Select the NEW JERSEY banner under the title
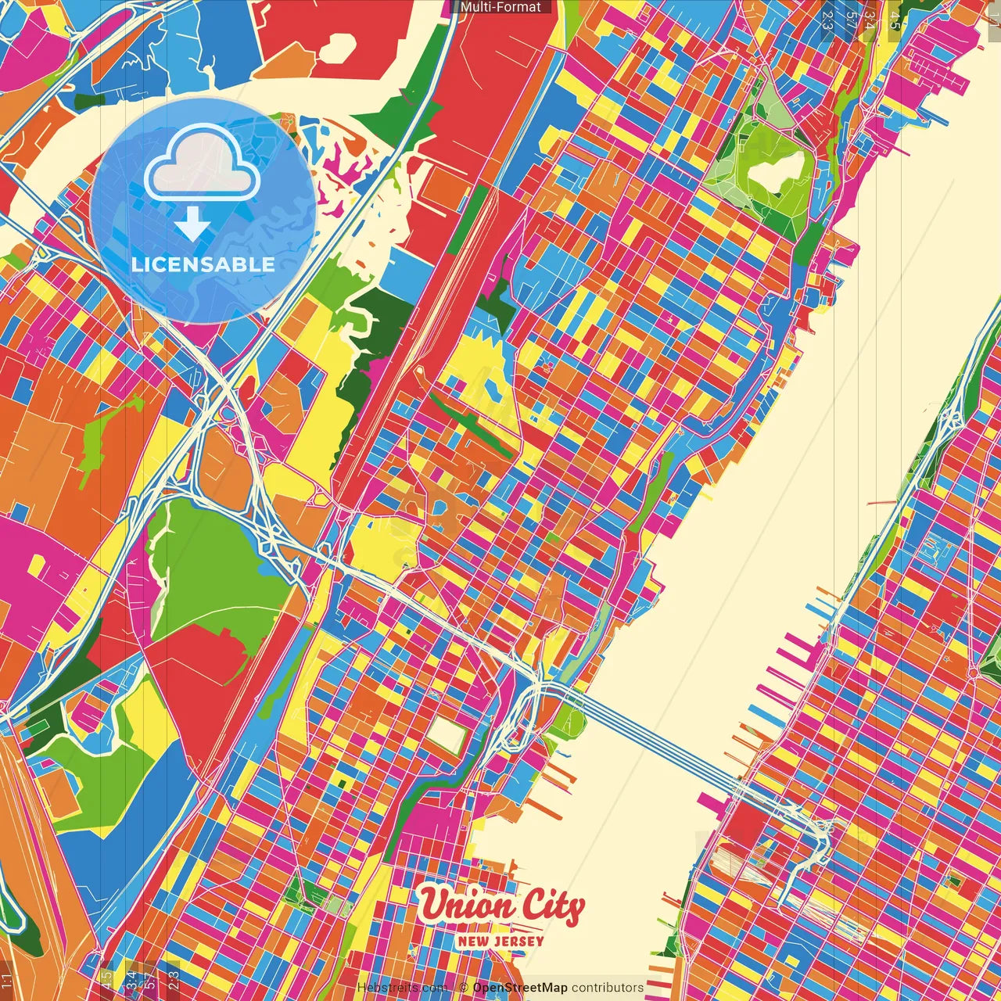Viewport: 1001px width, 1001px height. click(x=500, y=941)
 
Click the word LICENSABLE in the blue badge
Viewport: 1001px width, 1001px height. click(x=203, y=264)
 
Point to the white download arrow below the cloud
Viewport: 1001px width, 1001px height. click(x=192, y=224)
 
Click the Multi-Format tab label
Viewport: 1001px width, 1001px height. click(x=500, y=7)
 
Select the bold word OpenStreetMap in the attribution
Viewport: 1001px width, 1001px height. click(x=519, y=988)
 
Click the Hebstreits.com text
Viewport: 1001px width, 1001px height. click(x=401, y=988)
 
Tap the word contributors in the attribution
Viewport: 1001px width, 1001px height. click(x=608, y=988)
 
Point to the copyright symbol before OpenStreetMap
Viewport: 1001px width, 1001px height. click(x=464, y=988)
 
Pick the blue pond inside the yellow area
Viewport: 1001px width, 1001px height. click(x=492, y=388)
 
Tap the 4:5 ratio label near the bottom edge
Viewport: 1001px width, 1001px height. click(x=106, y=978)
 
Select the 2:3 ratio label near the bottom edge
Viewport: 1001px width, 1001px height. click(x=174, y=978)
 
